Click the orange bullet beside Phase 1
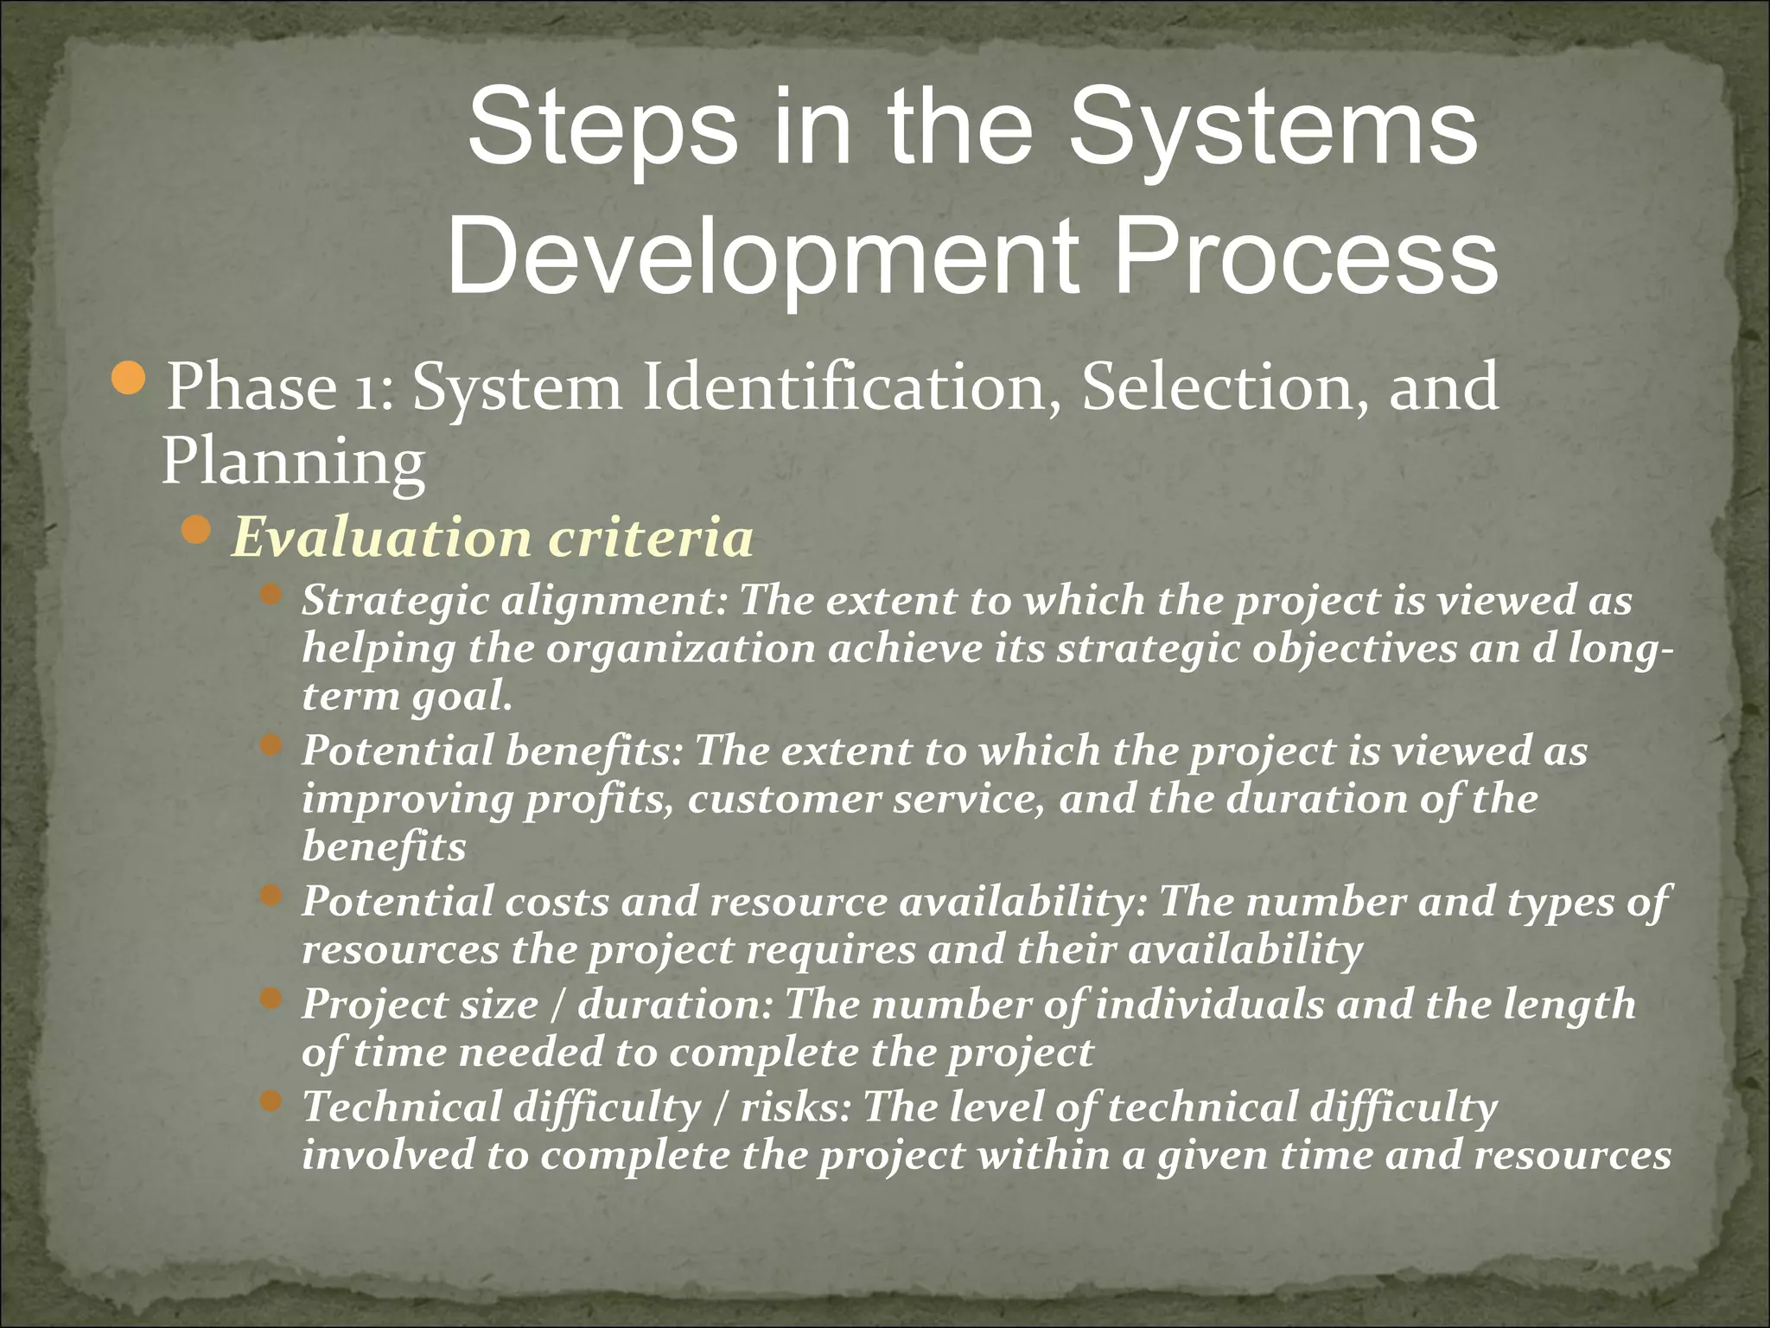point(130,379)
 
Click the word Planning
point(293,462)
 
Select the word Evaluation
point(380,538)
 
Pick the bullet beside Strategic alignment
point(271,595)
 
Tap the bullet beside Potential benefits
point(271,745)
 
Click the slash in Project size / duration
point(558,1005)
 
